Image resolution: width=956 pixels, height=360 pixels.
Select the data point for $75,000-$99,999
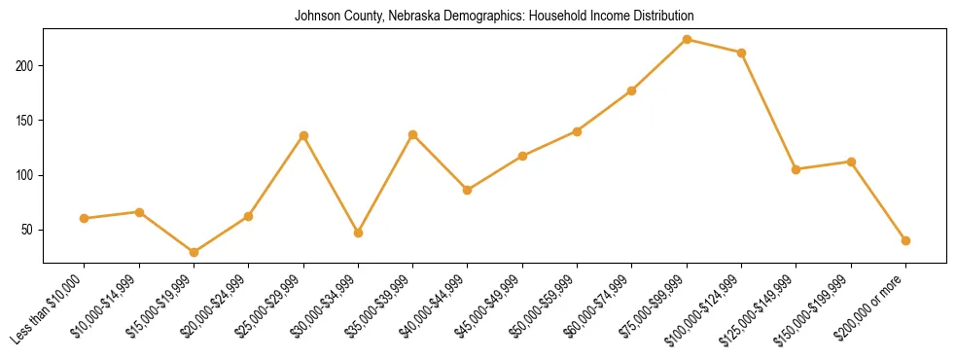coord(687,40)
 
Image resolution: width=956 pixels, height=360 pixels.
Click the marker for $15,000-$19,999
coord(194,252)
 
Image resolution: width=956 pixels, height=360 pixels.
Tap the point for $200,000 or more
coord(905,240)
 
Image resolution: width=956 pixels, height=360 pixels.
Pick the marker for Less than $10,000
coord(84,218)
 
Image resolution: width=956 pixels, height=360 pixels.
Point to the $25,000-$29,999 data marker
coord(303,135)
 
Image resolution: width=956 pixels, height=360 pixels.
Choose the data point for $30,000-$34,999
coord(358,233)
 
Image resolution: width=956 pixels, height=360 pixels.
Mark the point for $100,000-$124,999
coord(741,53)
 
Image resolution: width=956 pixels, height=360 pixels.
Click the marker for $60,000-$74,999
coord(632,90)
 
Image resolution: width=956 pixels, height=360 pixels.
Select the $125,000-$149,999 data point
coord(797,169)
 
